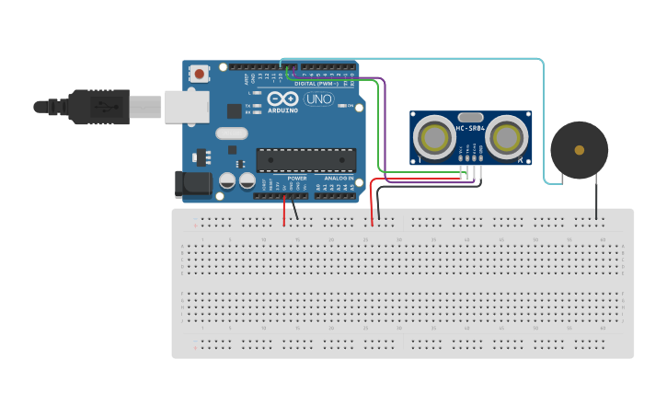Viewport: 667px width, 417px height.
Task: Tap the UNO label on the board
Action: [x=318, y=98]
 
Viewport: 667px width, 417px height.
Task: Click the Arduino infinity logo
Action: [x=283, y=98]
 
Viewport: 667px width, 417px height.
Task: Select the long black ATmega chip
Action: [x=305, y=159]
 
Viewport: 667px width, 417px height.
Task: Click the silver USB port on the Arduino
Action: [x=187, y=106]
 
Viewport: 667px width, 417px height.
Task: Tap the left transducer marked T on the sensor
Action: [x=431, y=137]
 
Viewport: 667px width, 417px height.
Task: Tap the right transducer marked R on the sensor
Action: [x=507, y=137]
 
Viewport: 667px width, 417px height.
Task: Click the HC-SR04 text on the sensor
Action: [x=470, y=129]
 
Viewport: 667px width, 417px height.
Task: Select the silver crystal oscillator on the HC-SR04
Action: [x=470, y=118]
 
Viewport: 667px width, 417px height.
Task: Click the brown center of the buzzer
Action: [x=579, y=149]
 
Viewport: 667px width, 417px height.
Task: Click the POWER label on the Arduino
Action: [x=297, y=178]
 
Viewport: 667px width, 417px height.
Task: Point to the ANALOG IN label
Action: [x=338, y=178]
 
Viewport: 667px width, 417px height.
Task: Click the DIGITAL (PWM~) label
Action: [x=316, y=84]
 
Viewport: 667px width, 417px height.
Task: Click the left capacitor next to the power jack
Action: [x=227, y=180]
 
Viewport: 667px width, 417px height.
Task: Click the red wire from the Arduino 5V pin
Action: [x=284, y=212]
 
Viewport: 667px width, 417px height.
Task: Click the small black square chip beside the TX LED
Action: [x=235, y=110]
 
